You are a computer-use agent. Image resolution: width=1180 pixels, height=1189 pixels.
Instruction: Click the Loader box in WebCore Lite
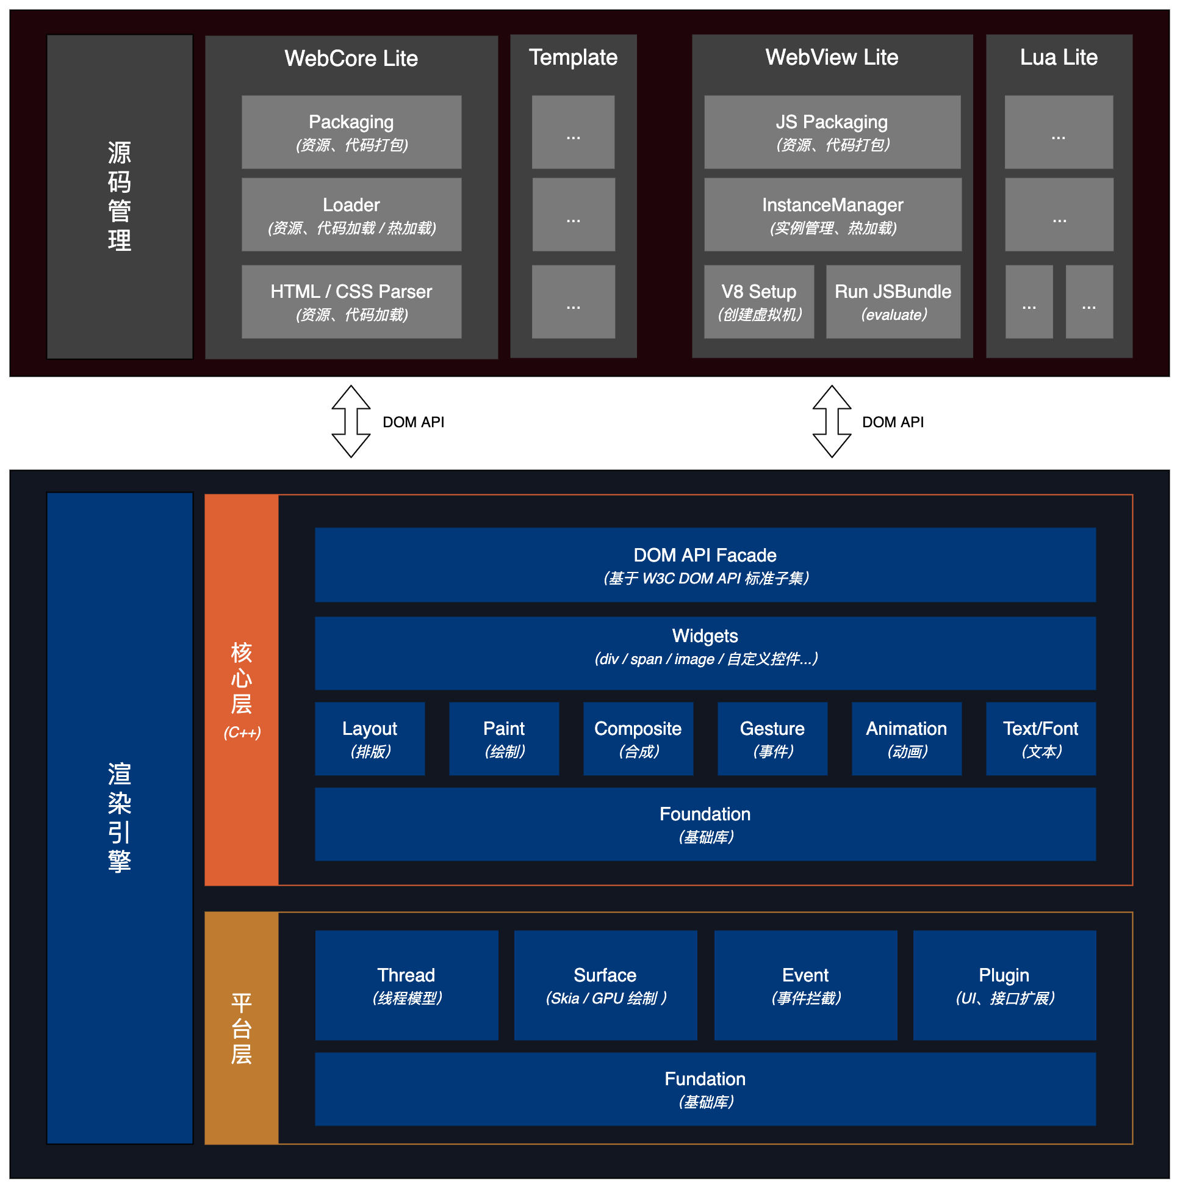click(351, 215)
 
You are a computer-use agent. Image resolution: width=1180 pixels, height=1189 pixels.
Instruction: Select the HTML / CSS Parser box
click(351, 302)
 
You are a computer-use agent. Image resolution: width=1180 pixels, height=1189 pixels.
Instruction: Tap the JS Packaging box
click(832, 132)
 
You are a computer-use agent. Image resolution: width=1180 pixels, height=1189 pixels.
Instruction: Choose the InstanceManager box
click(832, 215)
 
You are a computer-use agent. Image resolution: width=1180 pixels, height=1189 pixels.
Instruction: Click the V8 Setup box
click(758, 302)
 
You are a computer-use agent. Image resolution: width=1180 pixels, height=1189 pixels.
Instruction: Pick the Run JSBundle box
click(893, 302)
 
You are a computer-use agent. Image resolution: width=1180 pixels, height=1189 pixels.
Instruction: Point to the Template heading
click(573, 57)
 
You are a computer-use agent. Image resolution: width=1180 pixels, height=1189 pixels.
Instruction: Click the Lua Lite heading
click(1058, 57)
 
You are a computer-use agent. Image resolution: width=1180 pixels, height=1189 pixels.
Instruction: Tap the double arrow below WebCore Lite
click(351, 422)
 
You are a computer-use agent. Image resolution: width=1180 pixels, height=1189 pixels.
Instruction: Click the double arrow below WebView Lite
click(832, 422)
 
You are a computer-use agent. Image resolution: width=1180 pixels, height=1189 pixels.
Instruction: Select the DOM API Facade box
click(705, 565)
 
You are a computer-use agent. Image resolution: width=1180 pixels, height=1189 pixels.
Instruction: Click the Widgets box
click(705, 653)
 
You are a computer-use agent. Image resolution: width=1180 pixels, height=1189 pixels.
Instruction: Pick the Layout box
click(370, 739)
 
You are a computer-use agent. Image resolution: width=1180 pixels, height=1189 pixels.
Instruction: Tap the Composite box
click(638, 739)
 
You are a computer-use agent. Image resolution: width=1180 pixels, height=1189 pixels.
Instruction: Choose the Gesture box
click(772, 739)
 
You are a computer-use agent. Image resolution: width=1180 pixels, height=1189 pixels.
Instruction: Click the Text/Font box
click(1040, 739)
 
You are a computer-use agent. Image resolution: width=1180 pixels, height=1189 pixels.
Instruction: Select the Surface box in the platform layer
click(605, 985)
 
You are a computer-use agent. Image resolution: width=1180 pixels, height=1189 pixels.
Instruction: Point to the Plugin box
click(1004, 985)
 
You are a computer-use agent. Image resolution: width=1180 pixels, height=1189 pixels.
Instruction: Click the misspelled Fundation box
click(705, 1089)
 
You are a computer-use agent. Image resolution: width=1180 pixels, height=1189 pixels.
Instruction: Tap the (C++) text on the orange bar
click(242, 732)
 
